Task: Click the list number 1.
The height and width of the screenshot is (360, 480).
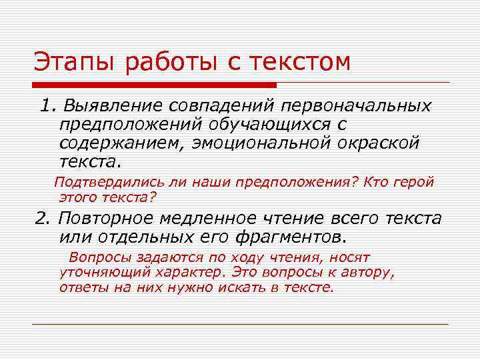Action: [45, 107]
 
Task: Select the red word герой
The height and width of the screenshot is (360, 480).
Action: [415, 181]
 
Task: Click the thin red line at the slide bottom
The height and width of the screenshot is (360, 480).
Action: [240, 324]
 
